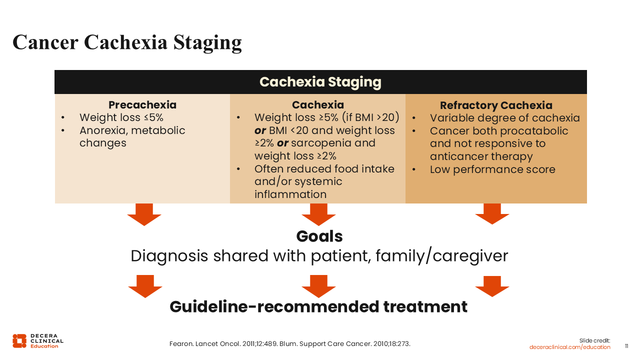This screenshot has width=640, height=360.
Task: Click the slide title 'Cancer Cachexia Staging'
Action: [x=127, y=42]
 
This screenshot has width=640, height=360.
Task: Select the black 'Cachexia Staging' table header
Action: [x=320, y=82]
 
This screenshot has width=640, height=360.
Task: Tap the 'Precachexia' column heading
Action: [x=142, y=105]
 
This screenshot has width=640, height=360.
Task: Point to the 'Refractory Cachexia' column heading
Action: [x=496, y=105]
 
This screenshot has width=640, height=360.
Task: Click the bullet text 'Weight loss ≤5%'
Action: [x=121, y=117]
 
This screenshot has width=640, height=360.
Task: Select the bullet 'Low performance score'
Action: [x=492, y=169]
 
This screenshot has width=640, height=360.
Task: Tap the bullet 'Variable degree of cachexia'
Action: [x=505, y=117]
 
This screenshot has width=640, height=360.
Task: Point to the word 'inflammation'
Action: [x=290, y=194]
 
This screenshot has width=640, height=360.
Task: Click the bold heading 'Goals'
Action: [x=319, y=236]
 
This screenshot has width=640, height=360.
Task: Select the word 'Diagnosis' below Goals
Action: [x=169, y=255]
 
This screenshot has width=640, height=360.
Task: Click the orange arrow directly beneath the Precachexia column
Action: [x=144, y=214]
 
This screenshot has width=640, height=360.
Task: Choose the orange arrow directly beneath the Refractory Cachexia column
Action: [x=492, y=214]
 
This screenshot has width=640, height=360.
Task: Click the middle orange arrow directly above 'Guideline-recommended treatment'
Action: [x=318, y=286]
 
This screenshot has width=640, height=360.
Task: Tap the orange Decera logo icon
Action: [x=19, y=341]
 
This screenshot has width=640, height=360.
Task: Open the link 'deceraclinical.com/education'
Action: [x=569, y=347]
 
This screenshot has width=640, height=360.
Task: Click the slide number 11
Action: [x=626, y=346]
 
